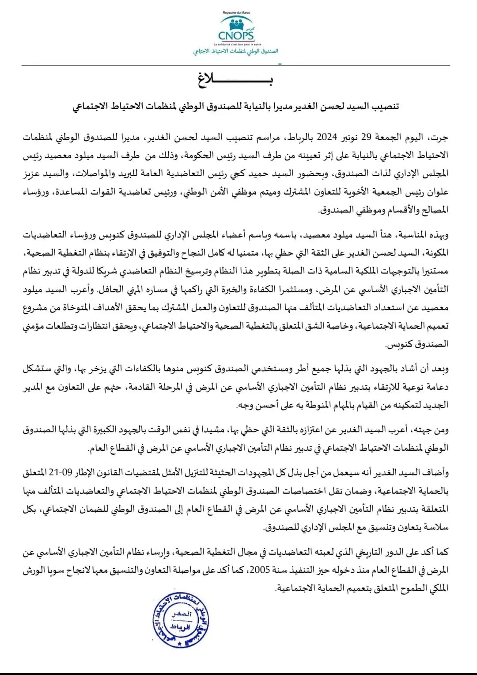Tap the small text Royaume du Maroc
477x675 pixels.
[236, 13]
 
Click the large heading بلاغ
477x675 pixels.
[235, 81]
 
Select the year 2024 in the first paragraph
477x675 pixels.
[327, 137]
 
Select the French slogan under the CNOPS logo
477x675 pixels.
[236, 45]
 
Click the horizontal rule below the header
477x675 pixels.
[236, 66]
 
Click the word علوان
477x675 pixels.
[437, 192]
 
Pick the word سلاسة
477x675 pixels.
[435, 527]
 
